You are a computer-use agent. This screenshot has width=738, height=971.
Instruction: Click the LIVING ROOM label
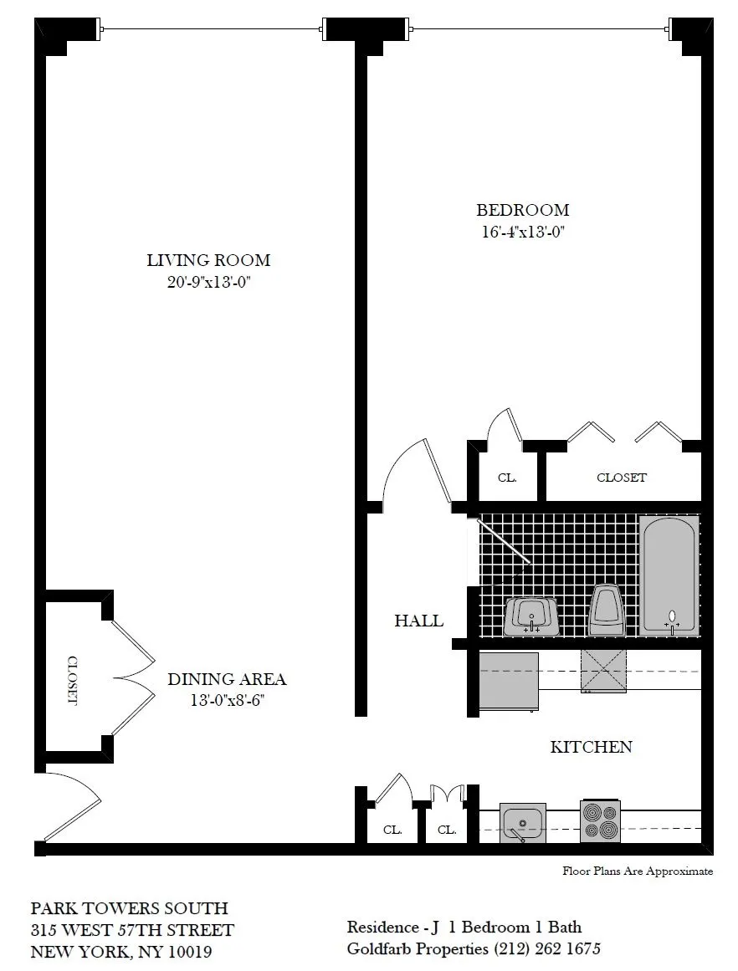[x=208, y=260]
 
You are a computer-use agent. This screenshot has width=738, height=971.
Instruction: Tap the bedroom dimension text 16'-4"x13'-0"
[x=522, y=233]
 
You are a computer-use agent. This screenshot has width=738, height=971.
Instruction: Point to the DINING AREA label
[x=227, y=679]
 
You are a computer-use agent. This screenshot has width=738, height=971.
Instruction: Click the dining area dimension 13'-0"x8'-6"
[x=227, y=700]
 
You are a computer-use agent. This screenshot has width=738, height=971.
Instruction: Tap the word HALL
[x=418, y=621]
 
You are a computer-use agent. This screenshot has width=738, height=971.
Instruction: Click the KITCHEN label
[x=591, y=747]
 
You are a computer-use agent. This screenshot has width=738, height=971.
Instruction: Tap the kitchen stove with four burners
[x=600, y=821]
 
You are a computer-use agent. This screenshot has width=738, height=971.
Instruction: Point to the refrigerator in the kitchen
[x=508, y=682]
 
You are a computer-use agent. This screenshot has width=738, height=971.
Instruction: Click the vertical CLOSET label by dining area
[x=71, y=680]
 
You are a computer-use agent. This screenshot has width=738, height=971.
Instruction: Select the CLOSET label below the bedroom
[x=621, y=478]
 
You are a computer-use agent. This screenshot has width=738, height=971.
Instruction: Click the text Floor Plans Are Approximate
[x=638, y=871]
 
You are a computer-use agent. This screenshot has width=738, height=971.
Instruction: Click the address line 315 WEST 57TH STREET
[x=132, y=930]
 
